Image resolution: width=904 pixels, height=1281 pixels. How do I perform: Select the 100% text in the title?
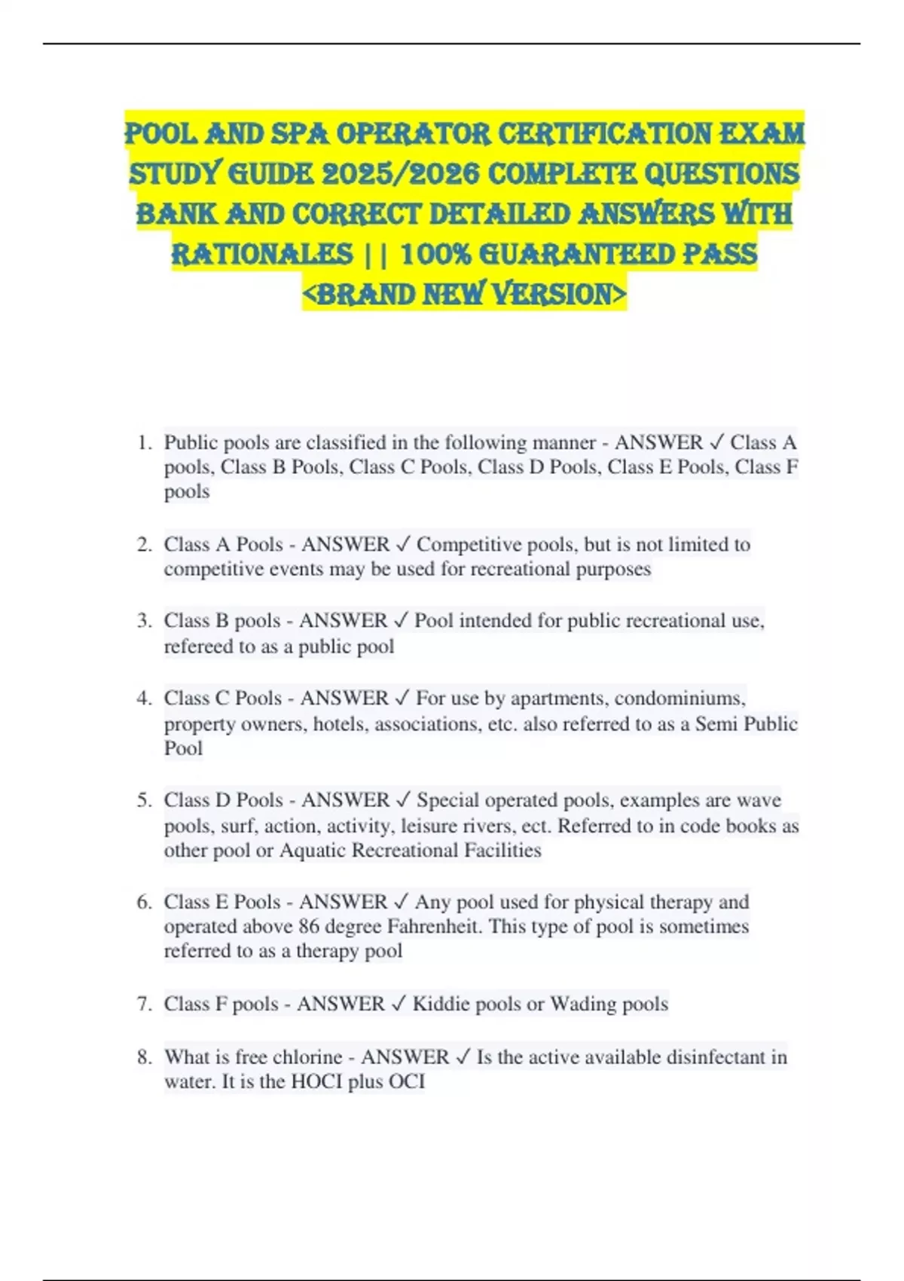pyautogui.click(x=435, y=254)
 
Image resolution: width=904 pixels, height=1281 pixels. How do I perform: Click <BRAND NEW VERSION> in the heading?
pyautogui.click(x=464, y=294)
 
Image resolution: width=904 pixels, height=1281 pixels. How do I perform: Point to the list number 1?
pyautogui.click(x=144, y=442)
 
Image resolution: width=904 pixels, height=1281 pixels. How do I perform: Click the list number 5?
pyautogui.click(x=144, y=799)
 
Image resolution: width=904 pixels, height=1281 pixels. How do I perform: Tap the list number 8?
pyautogui.click(x=144, y=1056)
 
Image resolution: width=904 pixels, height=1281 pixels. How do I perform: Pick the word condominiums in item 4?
pyautogui.click(x=680, y=698)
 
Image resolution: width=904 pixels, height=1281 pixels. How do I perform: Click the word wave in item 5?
pyautogui.click(x=759, y=799)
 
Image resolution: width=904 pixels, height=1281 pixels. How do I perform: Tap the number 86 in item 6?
pyautogui.click(x=309, y=926)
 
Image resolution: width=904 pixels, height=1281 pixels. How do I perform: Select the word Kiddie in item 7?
pyautogui.click(x=439, y=1004)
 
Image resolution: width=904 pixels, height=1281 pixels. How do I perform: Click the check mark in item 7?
pyautogui.click(x=399, y=1004)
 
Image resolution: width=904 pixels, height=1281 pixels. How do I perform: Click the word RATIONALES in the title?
pyautogui.click(x=262, y=254)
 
